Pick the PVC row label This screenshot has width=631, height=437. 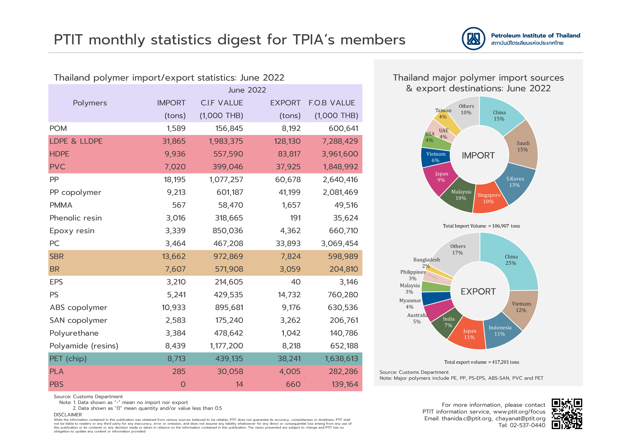[57, 167]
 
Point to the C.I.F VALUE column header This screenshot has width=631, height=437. [222, 103]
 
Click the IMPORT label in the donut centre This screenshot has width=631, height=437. [478, 156]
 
